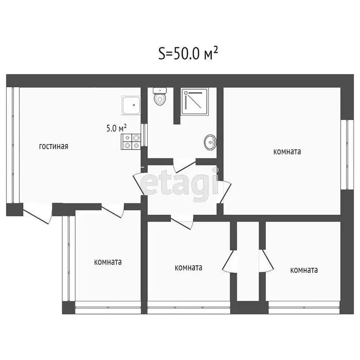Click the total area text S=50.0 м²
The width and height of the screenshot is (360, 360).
click(188, 54)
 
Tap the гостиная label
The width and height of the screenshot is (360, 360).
click(53, 146)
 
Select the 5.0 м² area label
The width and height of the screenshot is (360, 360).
click(116, 128)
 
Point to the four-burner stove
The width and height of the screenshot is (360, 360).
click(131, 142)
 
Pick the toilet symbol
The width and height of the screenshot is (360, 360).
click(160, 97)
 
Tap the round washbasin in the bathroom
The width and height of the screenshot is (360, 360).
click(210, 141)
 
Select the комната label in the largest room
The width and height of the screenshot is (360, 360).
click(287, 151)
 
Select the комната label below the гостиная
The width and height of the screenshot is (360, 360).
click(108, 262)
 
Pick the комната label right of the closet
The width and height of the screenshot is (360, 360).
click(304, 270)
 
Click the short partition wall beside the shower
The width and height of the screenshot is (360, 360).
click(177, 106)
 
